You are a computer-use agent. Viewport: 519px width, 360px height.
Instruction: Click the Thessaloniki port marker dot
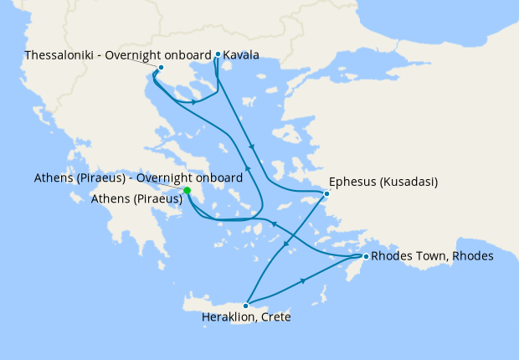click(x=161, y=67)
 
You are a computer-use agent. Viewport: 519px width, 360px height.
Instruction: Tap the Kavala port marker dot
click(x=218, y=54)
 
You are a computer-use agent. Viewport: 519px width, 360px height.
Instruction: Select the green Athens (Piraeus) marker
click(x=188, y=191)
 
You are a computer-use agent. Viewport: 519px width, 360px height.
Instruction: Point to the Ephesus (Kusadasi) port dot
click(x=326, y=194)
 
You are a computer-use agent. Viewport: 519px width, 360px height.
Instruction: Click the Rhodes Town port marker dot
click(x=365, y=256)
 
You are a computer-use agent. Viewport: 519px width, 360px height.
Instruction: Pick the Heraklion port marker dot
click(x=245, y=306)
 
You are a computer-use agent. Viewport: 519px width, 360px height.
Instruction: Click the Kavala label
click(x=241, y=55)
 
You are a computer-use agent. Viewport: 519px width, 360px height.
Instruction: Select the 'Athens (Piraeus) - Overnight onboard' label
click(x=138, y=178)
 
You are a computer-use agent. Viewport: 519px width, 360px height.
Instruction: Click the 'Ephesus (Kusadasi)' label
click(x=384, y=181)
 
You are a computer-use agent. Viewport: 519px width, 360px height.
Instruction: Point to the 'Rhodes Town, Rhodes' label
click(x=432, y=255)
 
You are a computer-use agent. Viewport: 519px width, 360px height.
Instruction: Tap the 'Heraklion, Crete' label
click(x=246, y=318)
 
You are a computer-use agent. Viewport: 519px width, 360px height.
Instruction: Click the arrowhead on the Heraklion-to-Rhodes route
click(x=302, y=282)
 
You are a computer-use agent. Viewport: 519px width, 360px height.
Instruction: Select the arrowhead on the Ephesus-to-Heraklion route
click(x=285, y=245)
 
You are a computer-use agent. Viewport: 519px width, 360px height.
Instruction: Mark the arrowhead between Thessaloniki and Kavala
click(x=195, y=102)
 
